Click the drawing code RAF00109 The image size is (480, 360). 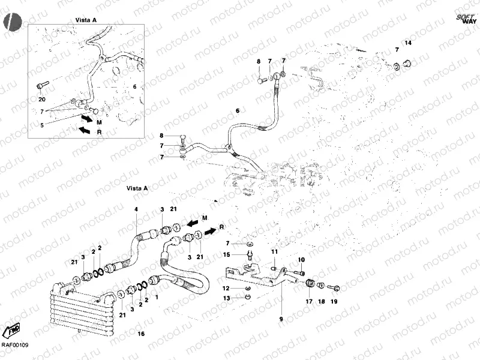click(x=14, y=345)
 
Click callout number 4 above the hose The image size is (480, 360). click(x=136, y=209)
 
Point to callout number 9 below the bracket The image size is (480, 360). click(x=280, y=319)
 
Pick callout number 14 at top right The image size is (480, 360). click(x=407, y=43)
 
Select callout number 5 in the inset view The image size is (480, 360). click(x=41, y=125)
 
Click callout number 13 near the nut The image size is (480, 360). click(x=227, y=298)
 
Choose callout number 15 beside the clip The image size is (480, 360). click(x=227, y=254)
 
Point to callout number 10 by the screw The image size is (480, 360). click(x=301, y=259)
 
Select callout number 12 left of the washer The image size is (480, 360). click(x=227, y=289)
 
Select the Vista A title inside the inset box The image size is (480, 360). click(x=86, y=20)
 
